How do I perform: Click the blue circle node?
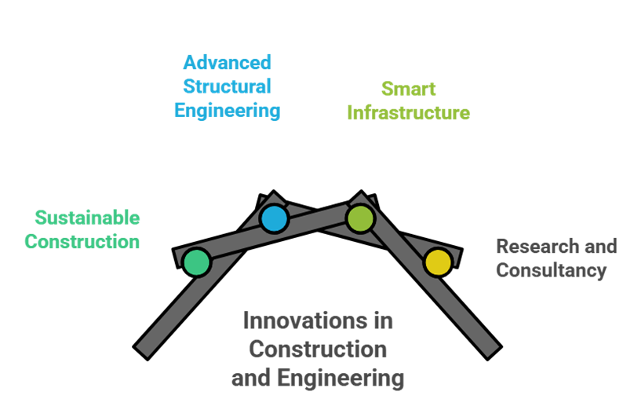pos(274,218)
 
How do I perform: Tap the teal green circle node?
pos(196,262)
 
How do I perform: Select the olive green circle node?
pos(359,218)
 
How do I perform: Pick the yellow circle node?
pos(437,262)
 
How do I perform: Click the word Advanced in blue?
pos(227,62)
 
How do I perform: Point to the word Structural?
pos(227,86)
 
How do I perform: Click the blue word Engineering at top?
pos(227,111)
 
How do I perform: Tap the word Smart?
pos(408,88)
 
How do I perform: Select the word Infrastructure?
pos(408,113)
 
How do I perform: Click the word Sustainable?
pos(87,218)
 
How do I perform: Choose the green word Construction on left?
pos(82,242)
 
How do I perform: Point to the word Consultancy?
pos(551,272)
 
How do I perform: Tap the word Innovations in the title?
pos(301,320)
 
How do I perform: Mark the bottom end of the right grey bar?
pos(489,348)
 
